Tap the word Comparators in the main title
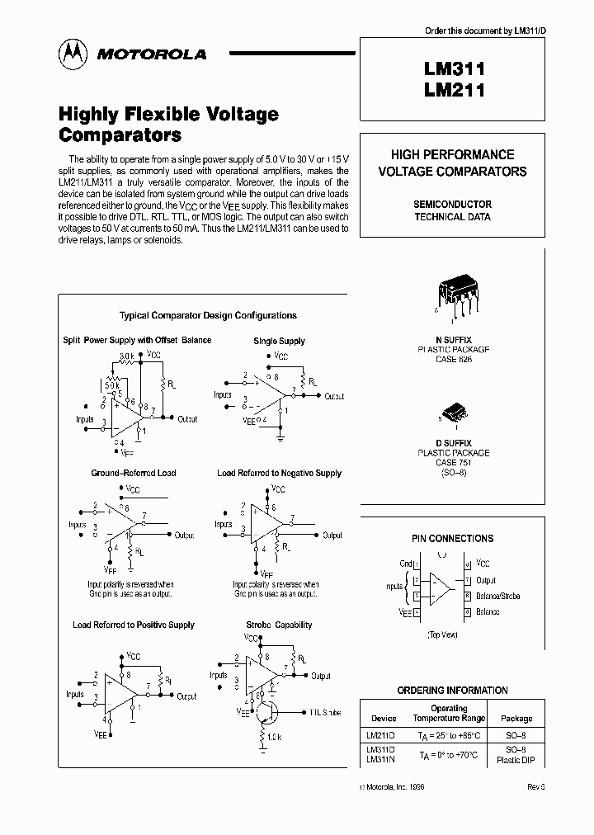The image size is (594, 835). click(120, 135)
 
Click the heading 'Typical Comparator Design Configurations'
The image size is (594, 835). click(208, 315)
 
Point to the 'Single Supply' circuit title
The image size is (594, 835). click(279, 341)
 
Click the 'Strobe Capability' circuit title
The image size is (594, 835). click(279, 625)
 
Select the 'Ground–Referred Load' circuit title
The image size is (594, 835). click(133, 473)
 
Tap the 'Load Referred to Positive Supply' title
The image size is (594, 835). click(133, 625)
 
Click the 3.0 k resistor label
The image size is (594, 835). click(125, 356)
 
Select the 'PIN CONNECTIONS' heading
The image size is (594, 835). click(452, 538)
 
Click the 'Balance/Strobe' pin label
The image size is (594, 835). click(498, 596)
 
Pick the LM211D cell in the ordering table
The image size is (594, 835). click(380, 733)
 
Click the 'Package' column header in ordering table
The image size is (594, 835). click(516, 718)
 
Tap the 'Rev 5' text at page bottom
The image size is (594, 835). click(536, 787)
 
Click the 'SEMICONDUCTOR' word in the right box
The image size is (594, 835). click(452, 204)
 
